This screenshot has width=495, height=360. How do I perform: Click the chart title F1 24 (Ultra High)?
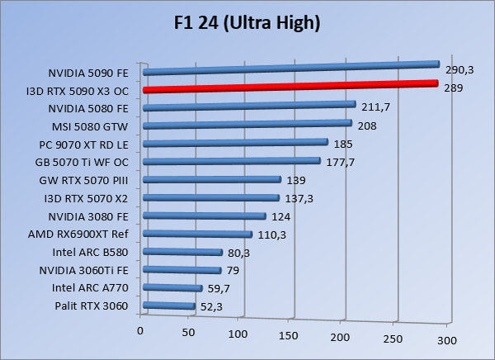point(247,22)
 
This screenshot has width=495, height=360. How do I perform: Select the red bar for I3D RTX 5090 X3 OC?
point(289,86)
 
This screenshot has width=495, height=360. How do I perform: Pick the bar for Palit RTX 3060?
point(169,307)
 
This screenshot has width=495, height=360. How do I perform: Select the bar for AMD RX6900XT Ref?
point(198,234)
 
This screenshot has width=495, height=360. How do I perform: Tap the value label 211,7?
point(375,107)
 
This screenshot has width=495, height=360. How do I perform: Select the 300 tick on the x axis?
point(445,340)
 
